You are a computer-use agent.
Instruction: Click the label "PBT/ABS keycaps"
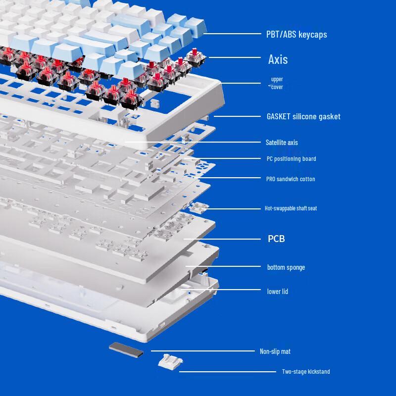[297, 35]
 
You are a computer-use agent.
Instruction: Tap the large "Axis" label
[278, 59]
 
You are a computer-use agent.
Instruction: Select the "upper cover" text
[277, 83]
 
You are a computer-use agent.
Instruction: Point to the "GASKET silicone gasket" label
[303, 117]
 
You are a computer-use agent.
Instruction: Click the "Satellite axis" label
[282, 143]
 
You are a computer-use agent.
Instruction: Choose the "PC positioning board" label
[291, 159]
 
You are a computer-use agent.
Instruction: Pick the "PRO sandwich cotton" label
[291, 179]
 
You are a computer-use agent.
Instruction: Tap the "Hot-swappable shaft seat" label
[291, 208]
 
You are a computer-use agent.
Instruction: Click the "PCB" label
[276, 239]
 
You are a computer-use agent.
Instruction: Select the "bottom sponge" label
[286, 267]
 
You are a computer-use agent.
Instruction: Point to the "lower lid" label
[278, 292]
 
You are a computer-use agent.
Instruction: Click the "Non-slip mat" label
[275, 351]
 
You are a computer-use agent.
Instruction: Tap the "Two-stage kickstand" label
[306, 372]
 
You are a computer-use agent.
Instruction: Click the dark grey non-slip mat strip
[126, 350]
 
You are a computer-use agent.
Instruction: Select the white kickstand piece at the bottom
[168, 362]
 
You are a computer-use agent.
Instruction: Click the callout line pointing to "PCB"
[223, 239]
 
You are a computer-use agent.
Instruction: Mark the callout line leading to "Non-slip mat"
[198, 351]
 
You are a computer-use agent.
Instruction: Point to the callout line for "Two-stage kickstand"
[228, 371]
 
